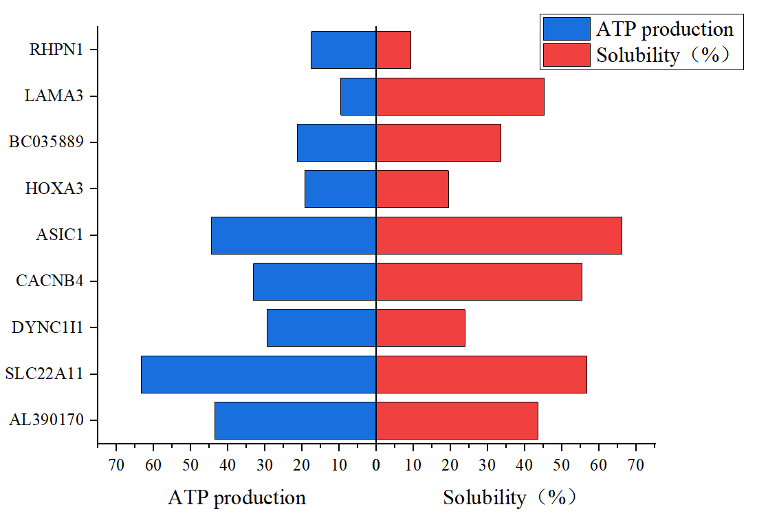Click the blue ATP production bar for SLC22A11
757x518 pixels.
[x=259, y=374]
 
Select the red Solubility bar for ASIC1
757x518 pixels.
[x=498, y=235]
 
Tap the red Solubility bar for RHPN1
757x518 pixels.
[x=393, y=50]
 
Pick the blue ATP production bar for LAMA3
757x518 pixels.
[x=358, y=96]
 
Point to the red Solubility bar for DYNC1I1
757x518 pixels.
[x=421, y=327]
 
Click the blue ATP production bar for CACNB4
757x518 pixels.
[x=315, y=282]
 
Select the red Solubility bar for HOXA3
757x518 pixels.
[x=413, y=189]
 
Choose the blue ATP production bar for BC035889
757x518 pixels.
[x=336, y=142]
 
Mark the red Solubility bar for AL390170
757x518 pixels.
[x=457, y=420]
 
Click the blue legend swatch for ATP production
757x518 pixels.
[x=567, y=29]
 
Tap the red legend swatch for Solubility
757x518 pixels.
[x=567, y=55]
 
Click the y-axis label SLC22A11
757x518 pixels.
[x=45, y=374]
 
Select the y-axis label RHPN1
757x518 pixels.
[x=56, y=50]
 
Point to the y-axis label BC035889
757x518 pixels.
[x=46, y=142]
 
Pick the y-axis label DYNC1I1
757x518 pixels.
[x=47, y=327]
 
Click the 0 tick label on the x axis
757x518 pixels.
[x=376, y=465]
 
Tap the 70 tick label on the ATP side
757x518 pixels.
[x=116, y=465]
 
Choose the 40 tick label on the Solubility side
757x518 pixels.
[x=525, y=465]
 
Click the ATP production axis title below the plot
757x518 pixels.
[x=237, y=497]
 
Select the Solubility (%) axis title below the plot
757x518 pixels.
[x=509, y=497]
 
